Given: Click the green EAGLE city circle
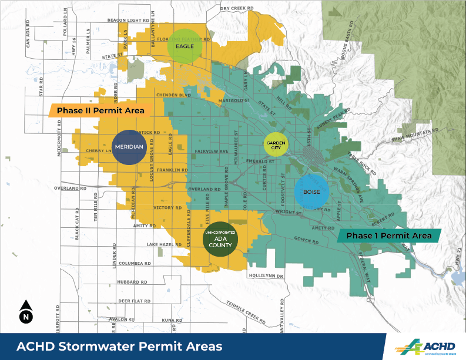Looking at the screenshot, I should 185,46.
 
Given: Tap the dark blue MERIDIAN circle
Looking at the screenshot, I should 128,147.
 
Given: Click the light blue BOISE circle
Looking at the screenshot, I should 310,192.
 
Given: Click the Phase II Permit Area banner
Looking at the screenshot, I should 100,110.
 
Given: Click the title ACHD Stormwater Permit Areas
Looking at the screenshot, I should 119,346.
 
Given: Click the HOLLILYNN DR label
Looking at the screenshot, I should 266,275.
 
